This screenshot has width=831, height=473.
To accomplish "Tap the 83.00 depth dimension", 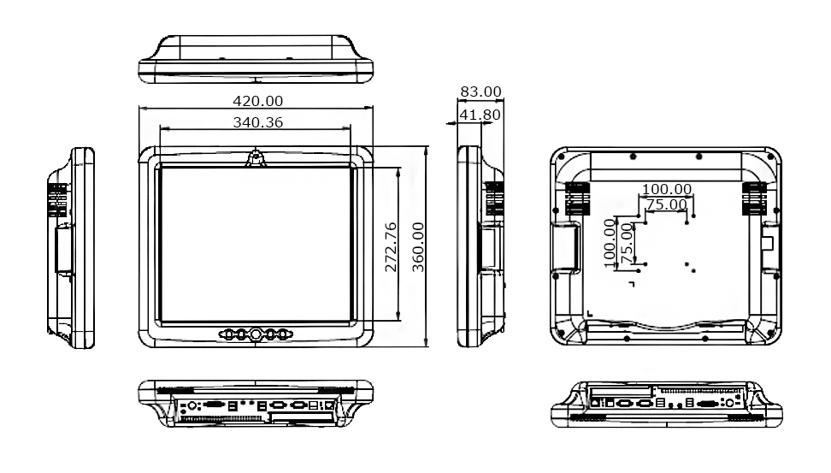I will (x=480, y=92).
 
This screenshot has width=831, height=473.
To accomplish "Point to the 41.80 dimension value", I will (x=480, y=114).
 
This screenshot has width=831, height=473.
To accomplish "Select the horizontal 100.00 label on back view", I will (x=667, y=189).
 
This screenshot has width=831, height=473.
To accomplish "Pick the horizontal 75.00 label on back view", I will (x=666, y=204).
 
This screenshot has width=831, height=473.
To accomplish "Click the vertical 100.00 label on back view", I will (x=610, y=240).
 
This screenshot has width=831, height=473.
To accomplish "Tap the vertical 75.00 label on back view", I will (x=627, y=242).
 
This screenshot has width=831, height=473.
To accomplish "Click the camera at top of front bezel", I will (x=256, y=157).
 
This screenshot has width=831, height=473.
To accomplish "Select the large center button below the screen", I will (x=256, y=334).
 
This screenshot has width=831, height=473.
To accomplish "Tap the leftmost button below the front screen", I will (x=229, y=334).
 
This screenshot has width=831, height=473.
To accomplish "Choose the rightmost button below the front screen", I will (x=282, y=334).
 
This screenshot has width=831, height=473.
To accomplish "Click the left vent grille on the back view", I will (x=577, y=198).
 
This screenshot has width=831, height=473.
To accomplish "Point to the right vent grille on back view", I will (x=754, y=198).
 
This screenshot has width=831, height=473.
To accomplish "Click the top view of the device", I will (x=256, y=59).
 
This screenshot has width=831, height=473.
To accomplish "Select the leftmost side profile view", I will (x=73, y=246).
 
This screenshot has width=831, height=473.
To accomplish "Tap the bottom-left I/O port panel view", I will (x=256, y=403).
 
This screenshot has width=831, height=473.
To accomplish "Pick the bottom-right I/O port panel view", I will (x=668, y=403).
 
